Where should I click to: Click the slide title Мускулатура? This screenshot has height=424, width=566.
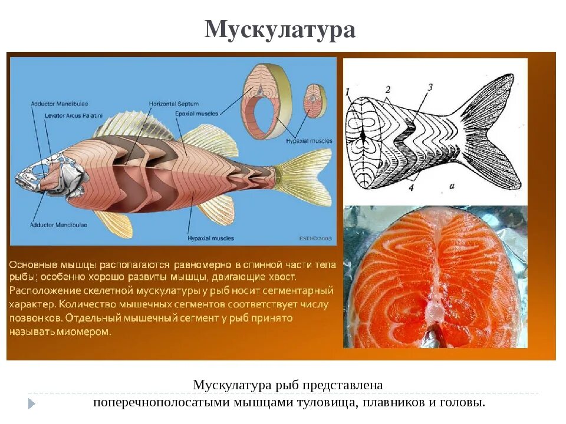point(280,29)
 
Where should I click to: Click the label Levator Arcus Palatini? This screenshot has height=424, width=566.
point(67,115)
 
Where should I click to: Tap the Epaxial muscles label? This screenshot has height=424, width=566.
point(197,113)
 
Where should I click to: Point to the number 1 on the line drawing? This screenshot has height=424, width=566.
point(348,91)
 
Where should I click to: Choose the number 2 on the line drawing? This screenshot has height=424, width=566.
point(387,89)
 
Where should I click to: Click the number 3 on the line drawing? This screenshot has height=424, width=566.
point(430,87)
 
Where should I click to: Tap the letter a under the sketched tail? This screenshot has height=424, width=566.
point(451,187)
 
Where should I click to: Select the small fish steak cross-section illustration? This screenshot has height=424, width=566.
point(315,101)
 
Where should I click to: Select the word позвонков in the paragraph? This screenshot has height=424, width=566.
point(35,318)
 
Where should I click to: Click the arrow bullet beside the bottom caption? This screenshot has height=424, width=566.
point(32,403)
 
